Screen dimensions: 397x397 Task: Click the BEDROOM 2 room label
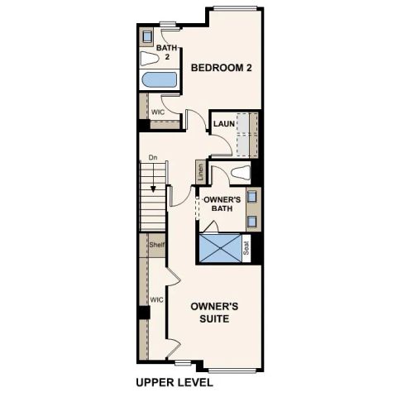pos(221,68)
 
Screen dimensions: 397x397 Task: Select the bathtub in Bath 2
pos(158,80)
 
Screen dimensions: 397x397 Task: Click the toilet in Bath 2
pos(150,59)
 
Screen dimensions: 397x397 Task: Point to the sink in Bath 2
pos(147,37)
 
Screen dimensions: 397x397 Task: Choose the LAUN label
pos(222,124)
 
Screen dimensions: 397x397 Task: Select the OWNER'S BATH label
pos(222,204)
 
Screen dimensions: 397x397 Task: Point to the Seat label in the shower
pos(246,246)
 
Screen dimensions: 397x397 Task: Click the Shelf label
pos(155,245)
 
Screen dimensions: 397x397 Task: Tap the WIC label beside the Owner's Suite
pos(155,299)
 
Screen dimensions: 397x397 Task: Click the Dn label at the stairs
pos(153,157)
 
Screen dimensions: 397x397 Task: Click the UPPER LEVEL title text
pos(174,383)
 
